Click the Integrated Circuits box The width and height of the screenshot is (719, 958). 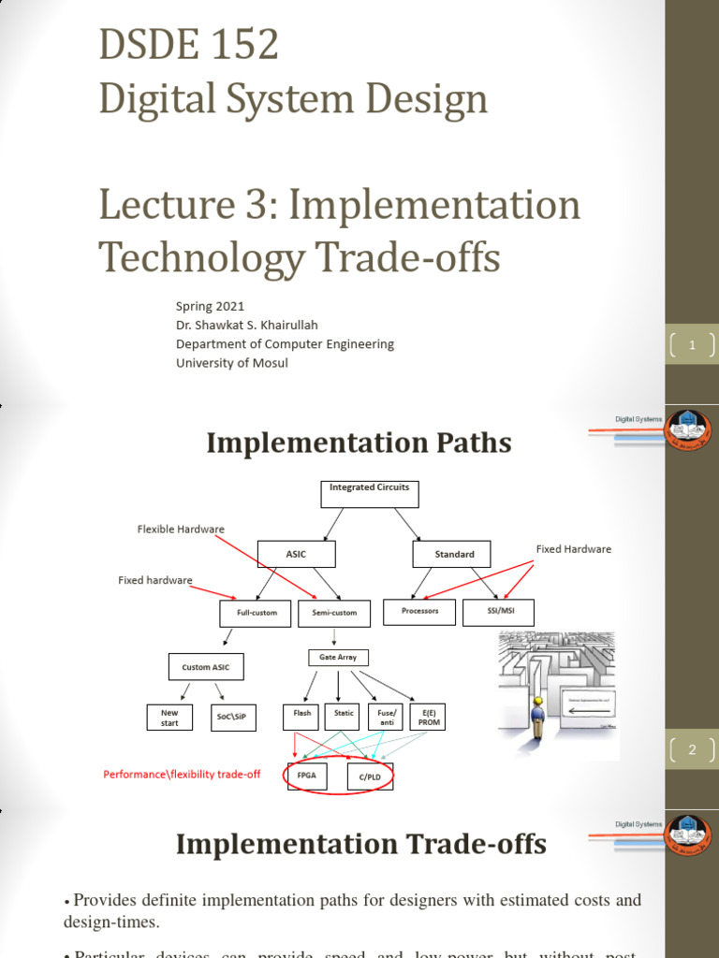(x=370, y=494)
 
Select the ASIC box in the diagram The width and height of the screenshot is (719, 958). (x=296, y=555)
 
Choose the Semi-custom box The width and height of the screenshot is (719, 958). (x=334, y=614)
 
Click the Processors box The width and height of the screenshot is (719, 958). (x=419, y=611)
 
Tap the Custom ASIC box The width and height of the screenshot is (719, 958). (x=205, y=667)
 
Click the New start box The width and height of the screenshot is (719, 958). (x=169, y=718)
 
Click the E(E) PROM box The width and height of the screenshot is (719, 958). (x=429, y=718)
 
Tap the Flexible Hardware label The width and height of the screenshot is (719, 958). (x=181, y=530)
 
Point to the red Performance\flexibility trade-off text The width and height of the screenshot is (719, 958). (x=182, y=775)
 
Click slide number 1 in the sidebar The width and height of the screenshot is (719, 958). (x=692, y=345)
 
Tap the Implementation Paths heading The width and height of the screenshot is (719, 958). (x=359, y=443)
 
